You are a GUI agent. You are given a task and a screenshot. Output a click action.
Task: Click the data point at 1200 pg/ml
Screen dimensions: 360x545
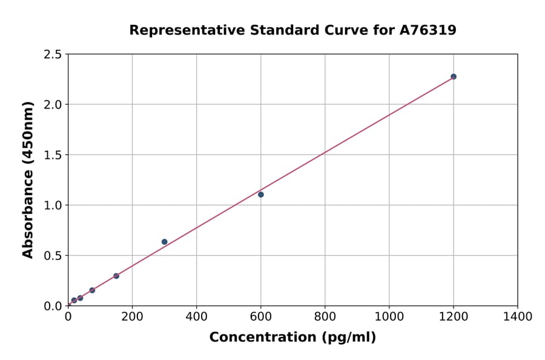(x=454, y=76)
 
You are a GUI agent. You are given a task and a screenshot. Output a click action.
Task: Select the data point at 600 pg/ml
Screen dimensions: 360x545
(x=261, y=195)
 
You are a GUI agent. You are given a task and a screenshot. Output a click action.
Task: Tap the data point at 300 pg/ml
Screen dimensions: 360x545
(x=164, y=242)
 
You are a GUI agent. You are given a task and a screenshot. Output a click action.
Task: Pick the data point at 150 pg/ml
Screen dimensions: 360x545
(x=116, y=276)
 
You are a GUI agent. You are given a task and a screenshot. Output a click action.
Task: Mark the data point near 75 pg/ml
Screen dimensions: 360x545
(x=92, y=290)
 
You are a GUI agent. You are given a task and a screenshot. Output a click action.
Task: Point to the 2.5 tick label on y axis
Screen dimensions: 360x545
(x=52, y=55)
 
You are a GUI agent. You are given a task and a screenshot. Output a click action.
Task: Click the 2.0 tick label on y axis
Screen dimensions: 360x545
(x=52, y=105)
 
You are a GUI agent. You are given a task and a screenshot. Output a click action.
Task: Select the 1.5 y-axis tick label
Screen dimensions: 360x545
(x=52, y=155)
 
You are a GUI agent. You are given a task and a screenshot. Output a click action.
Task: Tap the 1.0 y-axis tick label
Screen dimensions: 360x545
(x=52, y=205)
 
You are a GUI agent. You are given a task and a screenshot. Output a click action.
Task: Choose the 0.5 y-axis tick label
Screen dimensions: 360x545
(x=52, y=256)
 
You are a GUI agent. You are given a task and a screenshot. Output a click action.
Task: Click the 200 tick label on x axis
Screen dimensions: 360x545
(x=132, y=316)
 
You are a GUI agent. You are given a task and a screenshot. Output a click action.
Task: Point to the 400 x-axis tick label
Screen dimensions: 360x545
(x=196, y=316)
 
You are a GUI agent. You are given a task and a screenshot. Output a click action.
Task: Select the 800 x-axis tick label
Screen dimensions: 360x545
(x=325, y=316)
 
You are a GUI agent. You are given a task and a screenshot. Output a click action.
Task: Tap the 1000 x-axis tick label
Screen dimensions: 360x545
(x=389, y=316)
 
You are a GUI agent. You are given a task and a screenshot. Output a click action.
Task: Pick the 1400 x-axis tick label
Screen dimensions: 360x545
(x=517, y=316)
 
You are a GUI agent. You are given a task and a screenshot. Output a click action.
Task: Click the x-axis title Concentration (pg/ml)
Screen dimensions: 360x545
(x=292, y=338)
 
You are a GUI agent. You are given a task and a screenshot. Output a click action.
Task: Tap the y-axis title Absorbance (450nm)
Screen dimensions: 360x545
(x=28, y=180)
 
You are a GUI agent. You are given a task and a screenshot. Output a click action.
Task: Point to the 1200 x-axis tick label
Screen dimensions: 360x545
(x=453, y=316)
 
